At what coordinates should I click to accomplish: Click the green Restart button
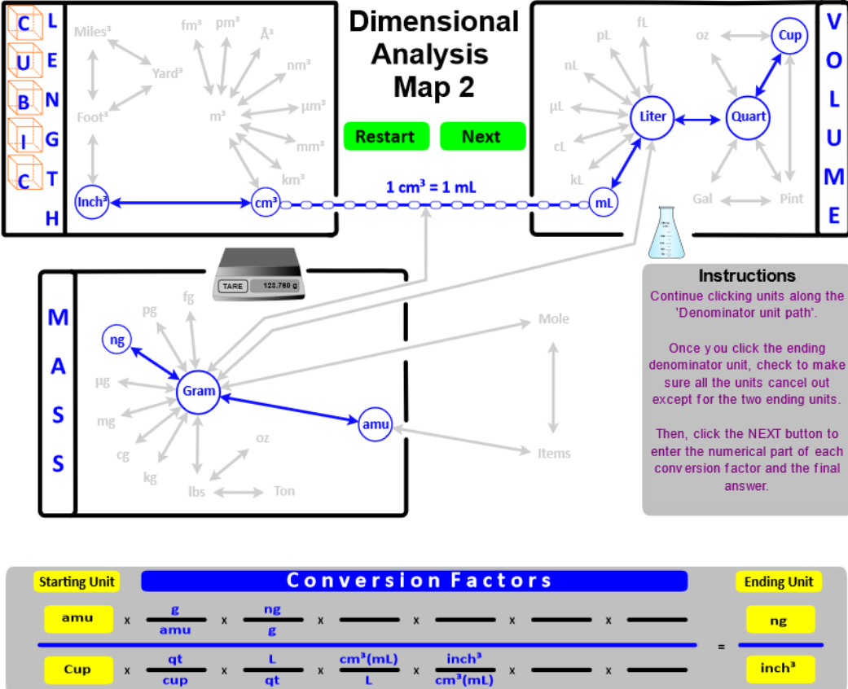tap(384, 136)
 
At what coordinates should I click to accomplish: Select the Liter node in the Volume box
tap(652, 116)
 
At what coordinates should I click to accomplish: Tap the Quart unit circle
tap(748, 116)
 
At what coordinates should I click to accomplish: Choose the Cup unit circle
tap(789, 36)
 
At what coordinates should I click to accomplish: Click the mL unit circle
tap(604, 204)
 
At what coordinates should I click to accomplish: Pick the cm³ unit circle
tap(266, 204)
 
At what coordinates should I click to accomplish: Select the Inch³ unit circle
tap(92, 202)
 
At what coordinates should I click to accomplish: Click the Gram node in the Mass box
tap(199, 391)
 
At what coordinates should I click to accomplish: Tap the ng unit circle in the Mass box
tap(117, 340)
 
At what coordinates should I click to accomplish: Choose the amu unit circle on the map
tap(376, 424)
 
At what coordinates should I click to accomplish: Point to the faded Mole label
tap(554, 319)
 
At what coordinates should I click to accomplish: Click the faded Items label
tap(554, 454)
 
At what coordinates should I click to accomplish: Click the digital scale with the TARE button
tap(257, 275)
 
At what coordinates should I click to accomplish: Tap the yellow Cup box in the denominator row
tap(77, 669)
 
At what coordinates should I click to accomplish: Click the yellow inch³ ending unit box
tap(778, 669)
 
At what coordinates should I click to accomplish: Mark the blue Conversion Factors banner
tap(415, 581)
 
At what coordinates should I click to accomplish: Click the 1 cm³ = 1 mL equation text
tap(431, 187)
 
